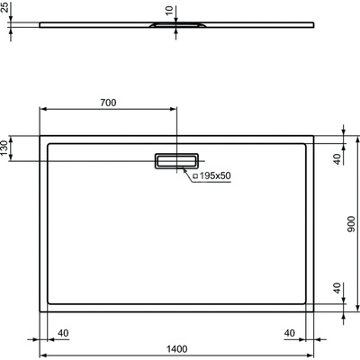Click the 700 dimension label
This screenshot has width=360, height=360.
click(x=107, y=103)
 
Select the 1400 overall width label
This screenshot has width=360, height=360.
click(x=176, y=348)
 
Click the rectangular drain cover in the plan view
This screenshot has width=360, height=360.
click(x=176, y=160)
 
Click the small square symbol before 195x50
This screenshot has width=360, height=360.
click(x=194, y=175)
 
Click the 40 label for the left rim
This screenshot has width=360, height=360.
click(x=63, y=332)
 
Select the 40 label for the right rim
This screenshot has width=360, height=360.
click(x=290, y=332)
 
